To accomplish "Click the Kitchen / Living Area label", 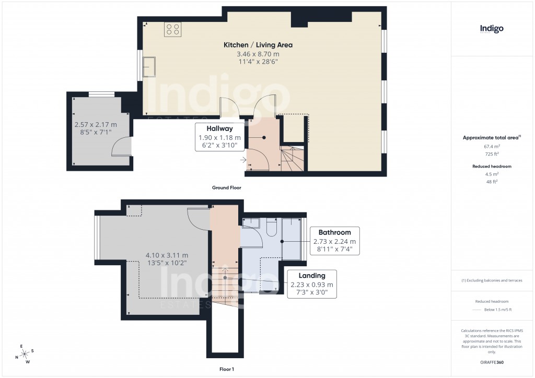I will pos(258,45).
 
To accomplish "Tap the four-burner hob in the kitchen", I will pos(173,30).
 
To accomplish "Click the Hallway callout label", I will pos(219,128).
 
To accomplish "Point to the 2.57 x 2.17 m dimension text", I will pos(96,125).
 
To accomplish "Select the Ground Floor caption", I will pos(226,187).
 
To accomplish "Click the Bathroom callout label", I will pos(334,232).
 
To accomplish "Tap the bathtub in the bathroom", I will pos(292,239).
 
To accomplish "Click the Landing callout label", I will pos(311,276).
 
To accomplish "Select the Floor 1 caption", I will pos(226,369).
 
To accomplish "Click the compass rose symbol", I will pos(24,354).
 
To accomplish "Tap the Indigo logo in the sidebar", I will pos(492,29).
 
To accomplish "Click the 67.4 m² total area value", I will pos(491,147).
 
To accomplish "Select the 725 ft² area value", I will pos(491,154).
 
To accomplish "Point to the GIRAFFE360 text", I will pos(492,362).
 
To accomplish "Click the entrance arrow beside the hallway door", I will pos(243,159).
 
